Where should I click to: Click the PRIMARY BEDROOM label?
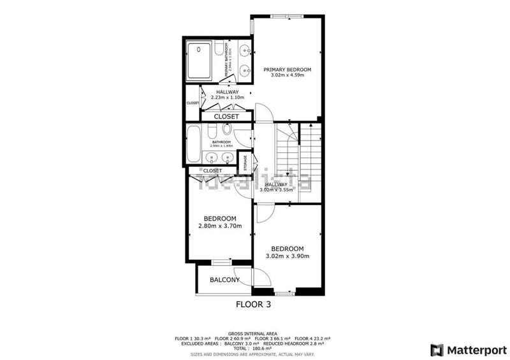coord(287,69)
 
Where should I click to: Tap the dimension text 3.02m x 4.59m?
coord(287,75)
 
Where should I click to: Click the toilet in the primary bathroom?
coord(218,50)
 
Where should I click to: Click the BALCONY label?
coord(224,280)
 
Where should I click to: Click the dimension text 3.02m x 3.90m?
coord(287,256)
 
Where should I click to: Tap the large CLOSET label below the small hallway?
coord(226,117)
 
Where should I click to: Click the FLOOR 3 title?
coord(253,305)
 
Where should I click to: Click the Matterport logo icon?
coord(437,350)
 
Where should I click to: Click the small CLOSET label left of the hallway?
coord(193,103)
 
